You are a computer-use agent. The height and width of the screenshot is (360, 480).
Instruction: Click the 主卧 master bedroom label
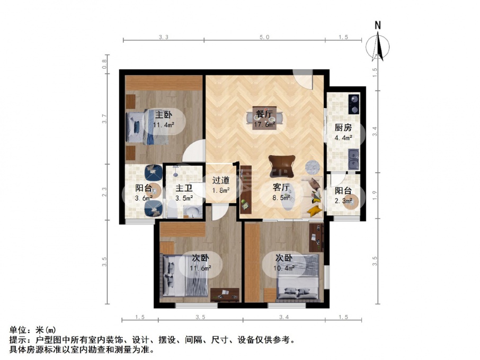[x=164, y=115]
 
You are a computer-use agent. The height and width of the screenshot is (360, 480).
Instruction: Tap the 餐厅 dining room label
[x=264, y=114]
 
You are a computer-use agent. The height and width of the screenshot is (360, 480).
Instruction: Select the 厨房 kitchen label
[x=343, y=127]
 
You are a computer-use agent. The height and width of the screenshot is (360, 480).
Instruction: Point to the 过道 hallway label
[x=221, y=181]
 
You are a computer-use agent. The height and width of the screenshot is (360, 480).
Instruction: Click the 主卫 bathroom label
[x=184, y=188]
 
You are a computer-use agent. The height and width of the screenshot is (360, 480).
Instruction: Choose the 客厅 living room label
[x=281, y=187]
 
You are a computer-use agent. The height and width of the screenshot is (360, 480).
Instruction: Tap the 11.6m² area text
[x=200, y=268]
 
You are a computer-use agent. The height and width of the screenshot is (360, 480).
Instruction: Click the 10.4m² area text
[x=285, y=268]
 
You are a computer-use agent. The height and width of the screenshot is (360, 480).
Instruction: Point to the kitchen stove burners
[x=354, y=104]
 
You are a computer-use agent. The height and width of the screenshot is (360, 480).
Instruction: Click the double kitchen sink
[x=354, y=159]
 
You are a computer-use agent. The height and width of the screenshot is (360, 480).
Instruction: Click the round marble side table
[x=313, y=167]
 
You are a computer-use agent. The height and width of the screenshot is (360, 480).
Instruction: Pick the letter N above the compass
[x=378, y=25]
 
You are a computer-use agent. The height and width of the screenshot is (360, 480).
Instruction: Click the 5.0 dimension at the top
[x=264, y=37]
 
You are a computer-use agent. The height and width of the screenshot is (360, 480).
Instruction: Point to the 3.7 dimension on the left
[x=105, y=119]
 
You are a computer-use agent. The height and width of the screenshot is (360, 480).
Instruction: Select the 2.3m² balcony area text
[x=343, y=201]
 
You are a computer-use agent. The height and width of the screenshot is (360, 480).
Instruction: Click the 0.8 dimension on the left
[x=105, y=64]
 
